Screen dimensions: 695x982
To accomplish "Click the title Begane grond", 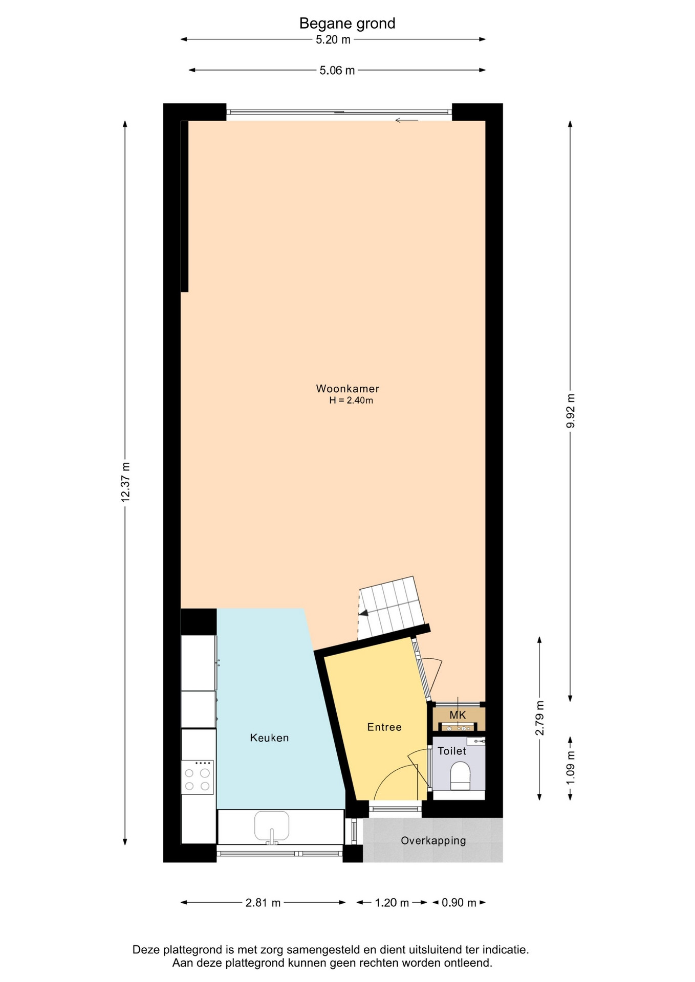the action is coord(347,24).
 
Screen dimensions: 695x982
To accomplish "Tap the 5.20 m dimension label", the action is coord(333,39).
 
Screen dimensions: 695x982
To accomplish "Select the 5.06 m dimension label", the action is coord(337,71).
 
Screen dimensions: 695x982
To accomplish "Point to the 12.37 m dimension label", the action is coord(125,482).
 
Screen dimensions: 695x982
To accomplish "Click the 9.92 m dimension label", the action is coord(571,411).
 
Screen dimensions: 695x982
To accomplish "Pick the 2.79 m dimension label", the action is coord(539,718).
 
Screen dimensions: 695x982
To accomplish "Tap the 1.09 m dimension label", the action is coord(571,767).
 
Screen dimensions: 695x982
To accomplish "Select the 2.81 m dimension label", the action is coord(263,903).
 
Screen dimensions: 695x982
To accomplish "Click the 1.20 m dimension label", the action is coord(392,903).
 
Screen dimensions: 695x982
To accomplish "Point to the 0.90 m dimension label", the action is coord(459,903).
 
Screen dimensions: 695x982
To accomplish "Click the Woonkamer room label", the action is coord(347,389).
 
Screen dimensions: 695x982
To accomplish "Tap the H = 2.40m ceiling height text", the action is coord(351,400).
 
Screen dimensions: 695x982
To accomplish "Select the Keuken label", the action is coord(269,738).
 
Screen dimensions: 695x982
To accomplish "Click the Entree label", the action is coord(384,727).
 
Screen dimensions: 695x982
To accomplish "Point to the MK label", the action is coord(458,715).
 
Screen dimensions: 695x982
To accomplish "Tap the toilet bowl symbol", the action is coord(460,776).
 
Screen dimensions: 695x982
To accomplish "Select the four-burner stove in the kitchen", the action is coord(198,777).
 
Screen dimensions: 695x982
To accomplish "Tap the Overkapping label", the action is coord(433,840).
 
